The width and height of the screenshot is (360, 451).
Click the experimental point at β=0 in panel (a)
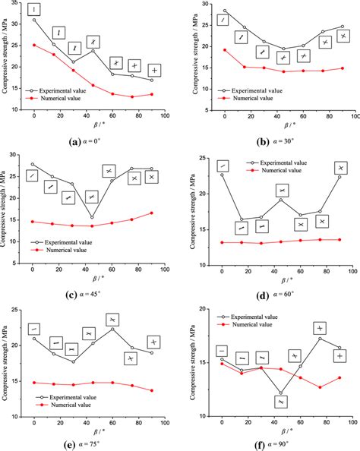[x=34, y=20]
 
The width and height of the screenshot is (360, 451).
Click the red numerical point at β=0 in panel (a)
[x=34, y=45]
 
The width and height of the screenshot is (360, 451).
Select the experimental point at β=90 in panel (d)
[x=339, y=177]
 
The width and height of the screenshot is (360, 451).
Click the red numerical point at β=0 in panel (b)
[x=225, y=50]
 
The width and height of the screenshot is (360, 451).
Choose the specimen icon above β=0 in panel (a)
[x=34, y=9]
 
